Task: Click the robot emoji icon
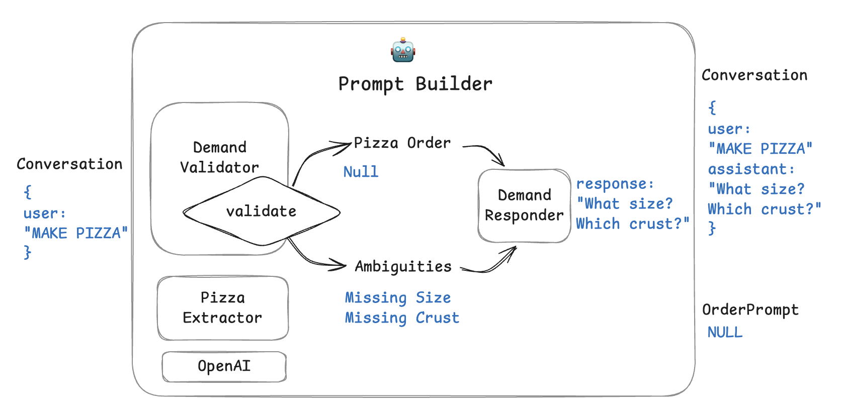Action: coord(403,50)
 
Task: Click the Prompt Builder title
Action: coord(415,84)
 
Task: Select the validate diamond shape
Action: coord(261,212)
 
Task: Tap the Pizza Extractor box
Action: coord(223,308)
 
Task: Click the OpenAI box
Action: coord(224,366)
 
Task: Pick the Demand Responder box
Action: coord(524,205)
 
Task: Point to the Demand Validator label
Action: coord(220,157)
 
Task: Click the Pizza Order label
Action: coord(402,143)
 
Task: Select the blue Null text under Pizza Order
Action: coord(361,172)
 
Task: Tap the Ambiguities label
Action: coord(403,266)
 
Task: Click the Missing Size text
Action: coord(397,298)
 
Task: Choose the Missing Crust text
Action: coord(402,318)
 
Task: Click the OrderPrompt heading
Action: coord(750,310)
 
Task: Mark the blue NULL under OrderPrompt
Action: coord(725,332)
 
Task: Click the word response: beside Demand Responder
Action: coord(615,184)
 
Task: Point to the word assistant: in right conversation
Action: coord(751,169)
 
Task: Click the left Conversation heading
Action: coord(69,164)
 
